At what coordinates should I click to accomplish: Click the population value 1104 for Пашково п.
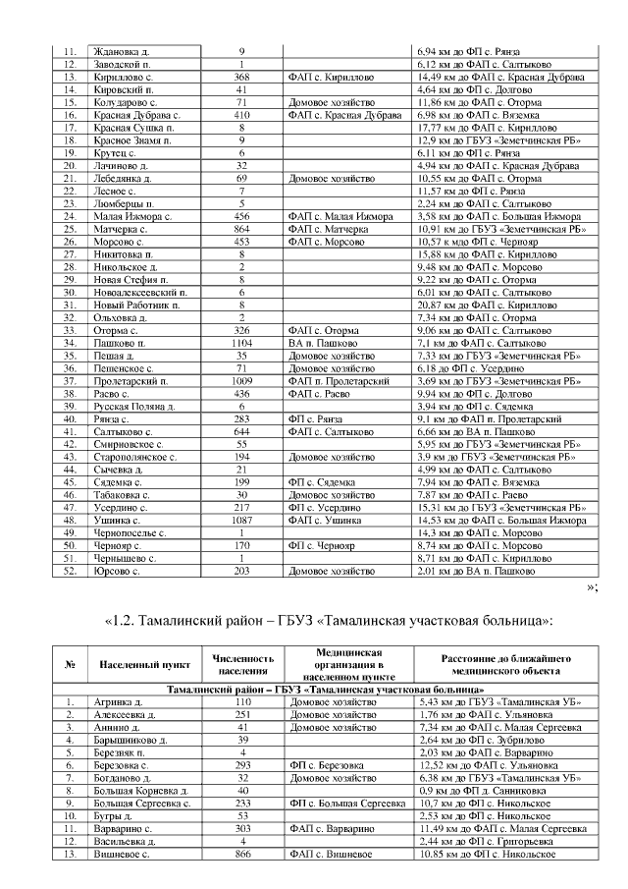(x=241, y=343)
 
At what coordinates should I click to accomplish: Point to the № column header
(x=70, y=664)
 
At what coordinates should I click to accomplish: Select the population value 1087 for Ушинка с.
(x=241, y=520)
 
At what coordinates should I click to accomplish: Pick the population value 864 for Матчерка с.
(x=241, y=228)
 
